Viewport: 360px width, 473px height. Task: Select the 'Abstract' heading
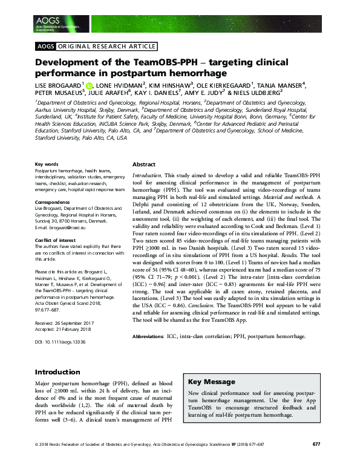click(x=144, y=164)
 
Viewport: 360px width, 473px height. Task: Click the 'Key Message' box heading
click(x=211, y=382)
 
